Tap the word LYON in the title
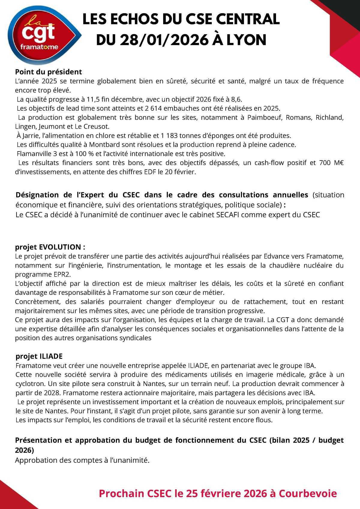pyautogui.click(x=246, y=40)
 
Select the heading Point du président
pyautogui.click(x=48, y=72)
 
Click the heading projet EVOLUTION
pyautogui.click(x=50, y=247)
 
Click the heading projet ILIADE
pyautogui.click(x=39, y=356)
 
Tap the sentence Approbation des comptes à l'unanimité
pyautogui.click(x=82, y=460)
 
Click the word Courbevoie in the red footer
pyautogui.click(x=308, y=493)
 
